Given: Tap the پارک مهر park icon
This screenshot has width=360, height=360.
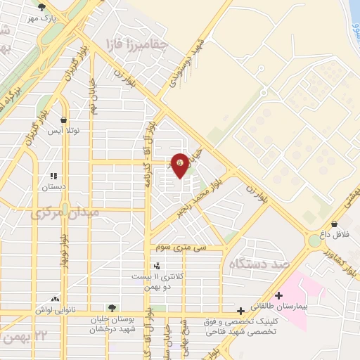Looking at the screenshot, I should coord(41,7).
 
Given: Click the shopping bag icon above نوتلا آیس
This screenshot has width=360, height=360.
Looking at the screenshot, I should coord(65,120).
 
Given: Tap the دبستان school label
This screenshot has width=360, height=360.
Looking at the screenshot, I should coord(54,187).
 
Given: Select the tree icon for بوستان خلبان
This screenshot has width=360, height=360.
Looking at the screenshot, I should coord(111,307).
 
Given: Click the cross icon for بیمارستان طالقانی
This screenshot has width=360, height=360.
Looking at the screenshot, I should coord(280,296).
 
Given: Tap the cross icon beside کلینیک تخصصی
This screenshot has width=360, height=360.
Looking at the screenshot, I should coord(241,310).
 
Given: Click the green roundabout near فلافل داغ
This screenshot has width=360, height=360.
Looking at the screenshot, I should coord(313,241).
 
